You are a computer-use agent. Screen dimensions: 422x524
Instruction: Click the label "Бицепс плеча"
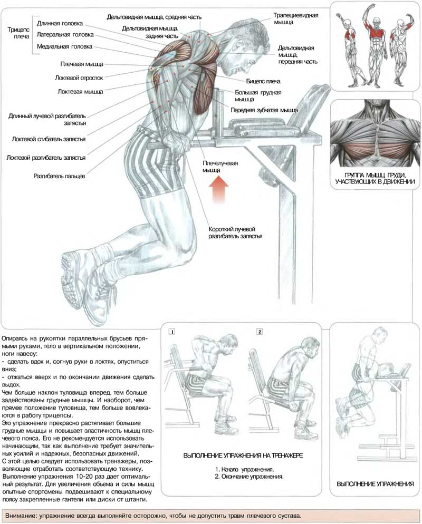tap(263, 81)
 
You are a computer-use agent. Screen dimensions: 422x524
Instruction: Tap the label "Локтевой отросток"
tap(79, 78)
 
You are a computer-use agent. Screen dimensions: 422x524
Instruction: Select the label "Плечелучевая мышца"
tap(220, 167)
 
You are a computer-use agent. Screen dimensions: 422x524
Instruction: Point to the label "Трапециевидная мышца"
tap(295, 19)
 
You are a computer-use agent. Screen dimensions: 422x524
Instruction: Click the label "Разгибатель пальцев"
tap(59, 176)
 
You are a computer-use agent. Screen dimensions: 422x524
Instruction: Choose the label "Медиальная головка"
tap(64, 47)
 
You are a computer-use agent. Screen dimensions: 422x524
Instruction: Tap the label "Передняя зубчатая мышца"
tap(264, 110)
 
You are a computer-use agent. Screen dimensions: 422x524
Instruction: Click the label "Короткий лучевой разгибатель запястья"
tap(235, 232)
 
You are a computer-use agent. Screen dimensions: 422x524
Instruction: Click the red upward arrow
tap(219, 189)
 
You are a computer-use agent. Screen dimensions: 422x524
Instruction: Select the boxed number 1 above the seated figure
tap(172, 332)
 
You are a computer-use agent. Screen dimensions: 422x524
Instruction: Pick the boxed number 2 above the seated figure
tap(260, 332)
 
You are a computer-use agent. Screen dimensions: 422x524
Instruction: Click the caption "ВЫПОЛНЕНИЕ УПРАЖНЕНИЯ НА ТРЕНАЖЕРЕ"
tap(243, 455)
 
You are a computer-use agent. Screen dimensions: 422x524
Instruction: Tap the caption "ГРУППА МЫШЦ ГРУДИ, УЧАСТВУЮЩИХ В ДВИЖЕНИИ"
tap(375, 179)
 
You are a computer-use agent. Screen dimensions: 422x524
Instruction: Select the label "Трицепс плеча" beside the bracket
tap(18, 33)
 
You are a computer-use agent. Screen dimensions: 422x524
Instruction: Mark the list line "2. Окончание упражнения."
tap(249, 477)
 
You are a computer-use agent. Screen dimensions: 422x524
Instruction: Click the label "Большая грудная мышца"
tap(258, 96)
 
